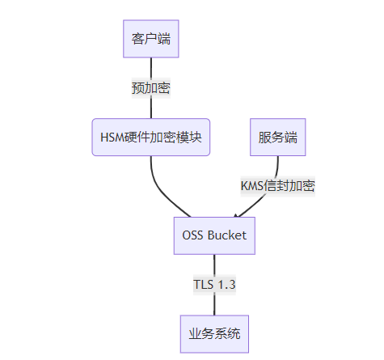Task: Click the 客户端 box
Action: [151, 39]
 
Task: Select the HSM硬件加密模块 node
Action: [151, 137]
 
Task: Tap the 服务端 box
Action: [278, 137]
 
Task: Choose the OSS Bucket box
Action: [214, 235]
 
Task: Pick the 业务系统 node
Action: [214, 334]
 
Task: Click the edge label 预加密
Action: [151, 88]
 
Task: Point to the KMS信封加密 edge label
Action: [278, 186]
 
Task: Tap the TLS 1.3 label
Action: [214, 285]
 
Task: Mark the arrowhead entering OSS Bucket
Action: [236, 215]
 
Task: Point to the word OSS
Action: [192, 235]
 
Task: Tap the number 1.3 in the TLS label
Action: [226, 285]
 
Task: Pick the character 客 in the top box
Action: [138, 39]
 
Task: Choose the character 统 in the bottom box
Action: [234, 334]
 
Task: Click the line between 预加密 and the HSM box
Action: [151, 108]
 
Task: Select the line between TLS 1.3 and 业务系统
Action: [214, 305]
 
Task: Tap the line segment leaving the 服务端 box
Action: [277, 166]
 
